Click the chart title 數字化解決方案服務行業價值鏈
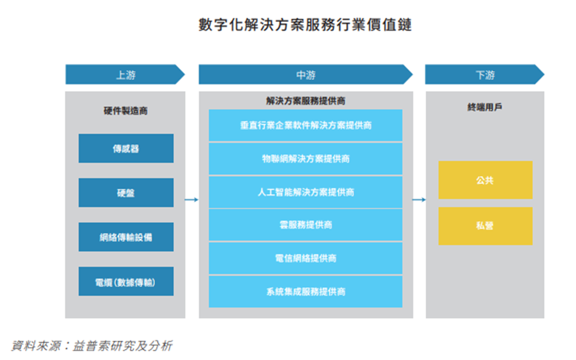[305, 25]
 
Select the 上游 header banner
[125, 74]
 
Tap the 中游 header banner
[305, 74]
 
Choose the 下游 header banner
[484, 74]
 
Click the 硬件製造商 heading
[126, 111]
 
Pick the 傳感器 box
[126, 148]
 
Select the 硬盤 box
[126, 193]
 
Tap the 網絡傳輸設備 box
[126, 237]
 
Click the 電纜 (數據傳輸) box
[126, 281]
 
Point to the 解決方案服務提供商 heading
[305, 100]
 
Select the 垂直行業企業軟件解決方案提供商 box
[305, 125]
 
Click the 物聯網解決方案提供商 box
[305, 159]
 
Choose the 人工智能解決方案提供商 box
[305, 192]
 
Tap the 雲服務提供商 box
[305, 225]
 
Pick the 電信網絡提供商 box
[305, 258]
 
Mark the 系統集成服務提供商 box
[305, 291]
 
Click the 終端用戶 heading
[484, 107]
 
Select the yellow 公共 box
[485, 180]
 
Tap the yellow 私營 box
[485, 226]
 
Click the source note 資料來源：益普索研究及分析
[92, 346]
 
